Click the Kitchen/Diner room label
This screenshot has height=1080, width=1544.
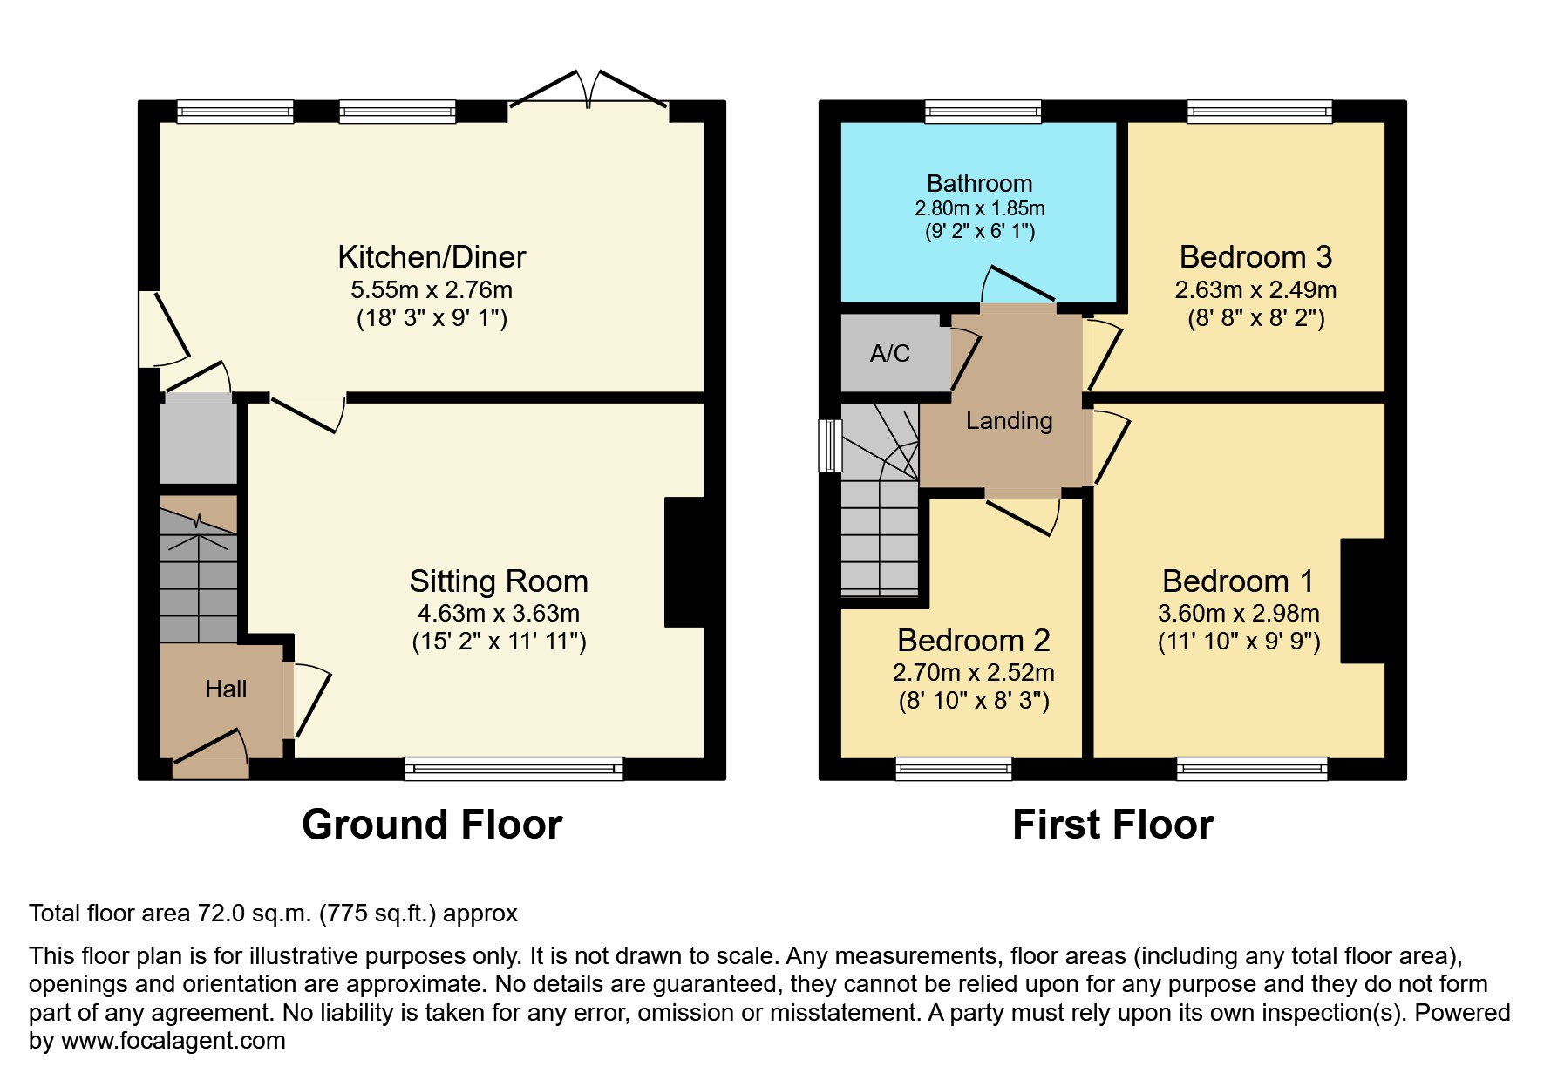coord(432,257)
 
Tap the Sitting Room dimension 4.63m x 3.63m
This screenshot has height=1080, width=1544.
coord(498,614)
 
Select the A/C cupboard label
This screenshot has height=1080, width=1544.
coord(889,353)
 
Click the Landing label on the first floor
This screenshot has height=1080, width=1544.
coord(1009,421)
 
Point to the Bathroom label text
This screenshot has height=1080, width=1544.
coord(979,183)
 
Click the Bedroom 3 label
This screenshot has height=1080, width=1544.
coord(1255,257)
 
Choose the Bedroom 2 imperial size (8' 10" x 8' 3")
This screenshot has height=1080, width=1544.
coord(974,701)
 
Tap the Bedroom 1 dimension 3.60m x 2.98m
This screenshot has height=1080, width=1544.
coord(1238,614)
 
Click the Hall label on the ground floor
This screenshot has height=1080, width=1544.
coord(226,689)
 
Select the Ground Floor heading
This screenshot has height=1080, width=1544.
coord(432,825)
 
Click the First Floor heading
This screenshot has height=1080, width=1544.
coord(1112,825)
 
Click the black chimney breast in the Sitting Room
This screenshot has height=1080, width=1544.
coord(685,561)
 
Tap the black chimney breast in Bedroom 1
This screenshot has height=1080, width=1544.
coord(1362,601)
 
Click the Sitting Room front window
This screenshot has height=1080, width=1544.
coord(514,769)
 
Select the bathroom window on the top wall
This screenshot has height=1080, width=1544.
coord(983,111)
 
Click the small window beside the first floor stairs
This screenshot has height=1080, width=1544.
coord(831,445)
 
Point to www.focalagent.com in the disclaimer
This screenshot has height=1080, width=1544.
coord(173,1041)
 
